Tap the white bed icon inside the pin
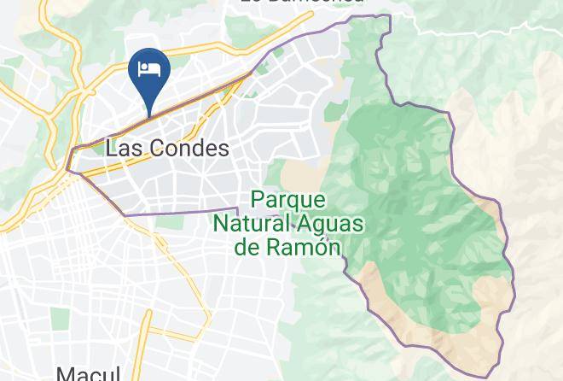click(150, 67)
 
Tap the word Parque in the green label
click(289, 201)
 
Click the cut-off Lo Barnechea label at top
click(302, 3)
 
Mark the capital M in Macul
click(66, 374)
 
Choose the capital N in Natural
click(221, 224)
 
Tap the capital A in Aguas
click(300, 224)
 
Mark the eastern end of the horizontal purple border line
click(236, 208)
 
